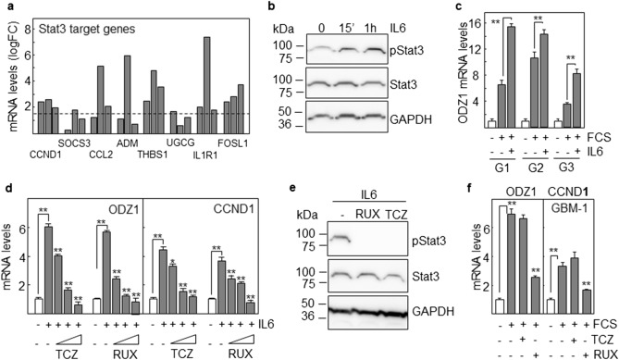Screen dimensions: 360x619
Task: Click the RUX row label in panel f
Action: coord(605,353)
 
